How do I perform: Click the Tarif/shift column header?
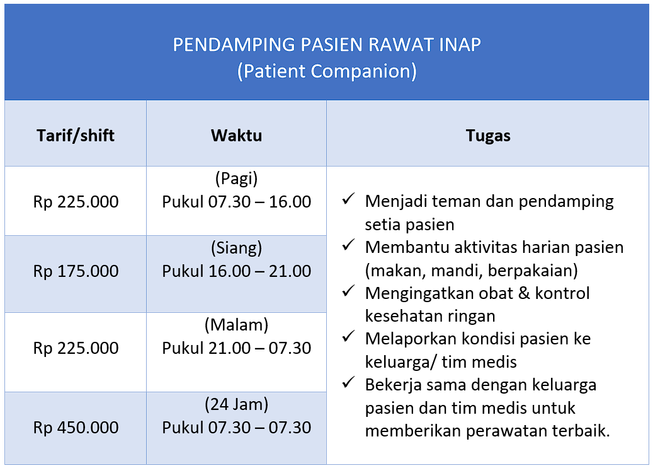coord(76,136)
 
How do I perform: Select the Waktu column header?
coord(237,136)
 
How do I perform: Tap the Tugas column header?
coord(488,136)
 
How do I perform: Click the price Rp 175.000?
coord(76,271)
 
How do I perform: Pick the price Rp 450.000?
coord(76,428)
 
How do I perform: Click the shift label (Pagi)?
coord(237,179)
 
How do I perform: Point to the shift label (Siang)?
coord(237,248)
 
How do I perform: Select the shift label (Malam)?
coord(237,325)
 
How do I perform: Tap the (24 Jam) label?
coord(237,404)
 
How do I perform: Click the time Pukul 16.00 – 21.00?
coord(237,271)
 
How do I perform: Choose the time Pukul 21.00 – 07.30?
coord(237,348)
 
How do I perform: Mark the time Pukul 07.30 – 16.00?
coord(237,202)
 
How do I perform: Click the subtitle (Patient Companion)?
coord(327,71)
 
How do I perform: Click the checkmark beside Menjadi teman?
coord(348,199)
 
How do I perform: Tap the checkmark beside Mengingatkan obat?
coord(348,291)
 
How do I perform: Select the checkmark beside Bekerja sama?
coord(348,382)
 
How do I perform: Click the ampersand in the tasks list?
coord(524,293)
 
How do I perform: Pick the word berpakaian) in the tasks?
coord(533,271)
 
